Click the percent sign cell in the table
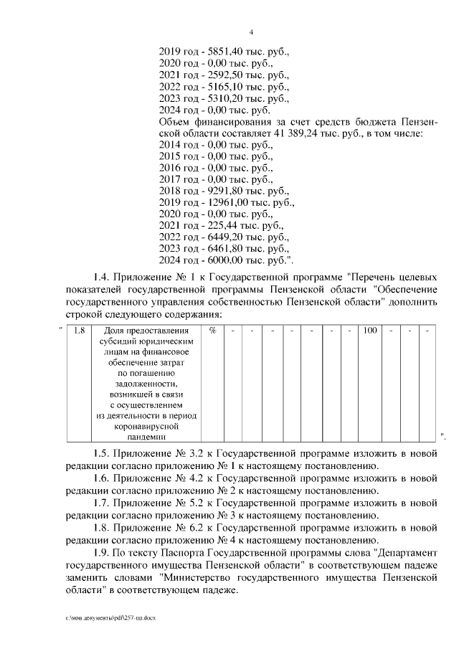point(213,331)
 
